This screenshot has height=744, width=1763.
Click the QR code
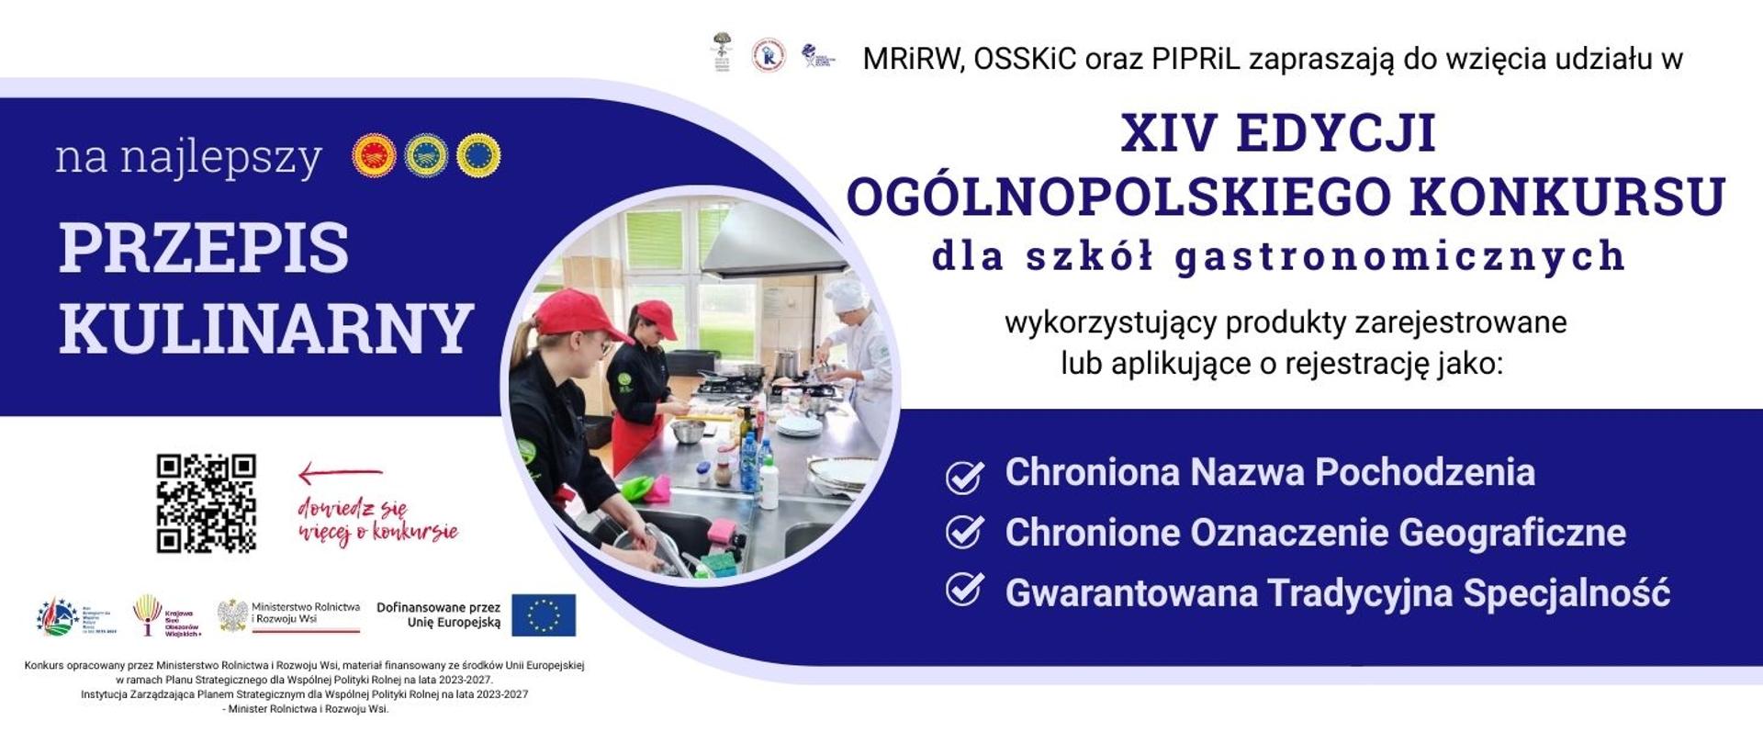(206, 503)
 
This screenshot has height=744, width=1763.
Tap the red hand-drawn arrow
(340, 474)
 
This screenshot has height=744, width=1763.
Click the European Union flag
(544, 615)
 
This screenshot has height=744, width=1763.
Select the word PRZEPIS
(204, 248)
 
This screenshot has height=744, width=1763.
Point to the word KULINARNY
(266, 329)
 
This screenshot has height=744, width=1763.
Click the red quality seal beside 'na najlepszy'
(374, 156)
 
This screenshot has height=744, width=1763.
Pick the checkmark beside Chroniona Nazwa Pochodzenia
(964, 477)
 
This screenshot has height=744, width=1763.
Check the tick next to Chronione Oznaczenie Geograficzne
(964, 533)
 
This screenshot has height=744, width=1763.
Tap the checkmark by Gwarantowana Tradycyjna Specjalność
(964, 591)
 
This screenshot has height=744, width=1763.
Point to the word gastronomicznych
(1400, 256)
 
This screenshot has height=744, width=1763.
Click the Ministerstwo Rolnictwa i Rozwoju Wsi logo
(288, 615)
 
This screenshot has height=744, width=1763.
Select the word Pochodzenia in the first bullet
(1425, 472)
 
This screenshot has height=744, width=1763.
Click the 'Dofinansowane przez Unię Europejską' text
(439, 614)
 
